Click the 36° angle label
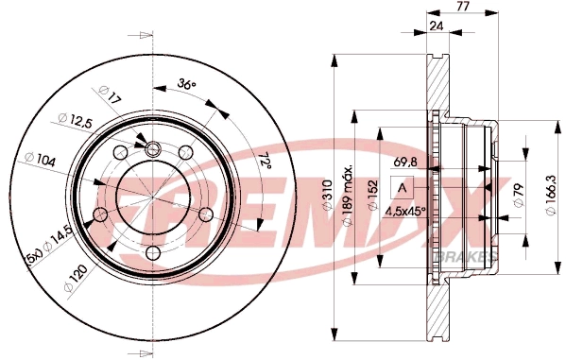[185, 86]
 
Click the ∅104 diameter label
[42, 160]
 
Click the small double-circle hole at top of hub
[152, 146]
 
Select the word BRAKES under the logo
[456, 256]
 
